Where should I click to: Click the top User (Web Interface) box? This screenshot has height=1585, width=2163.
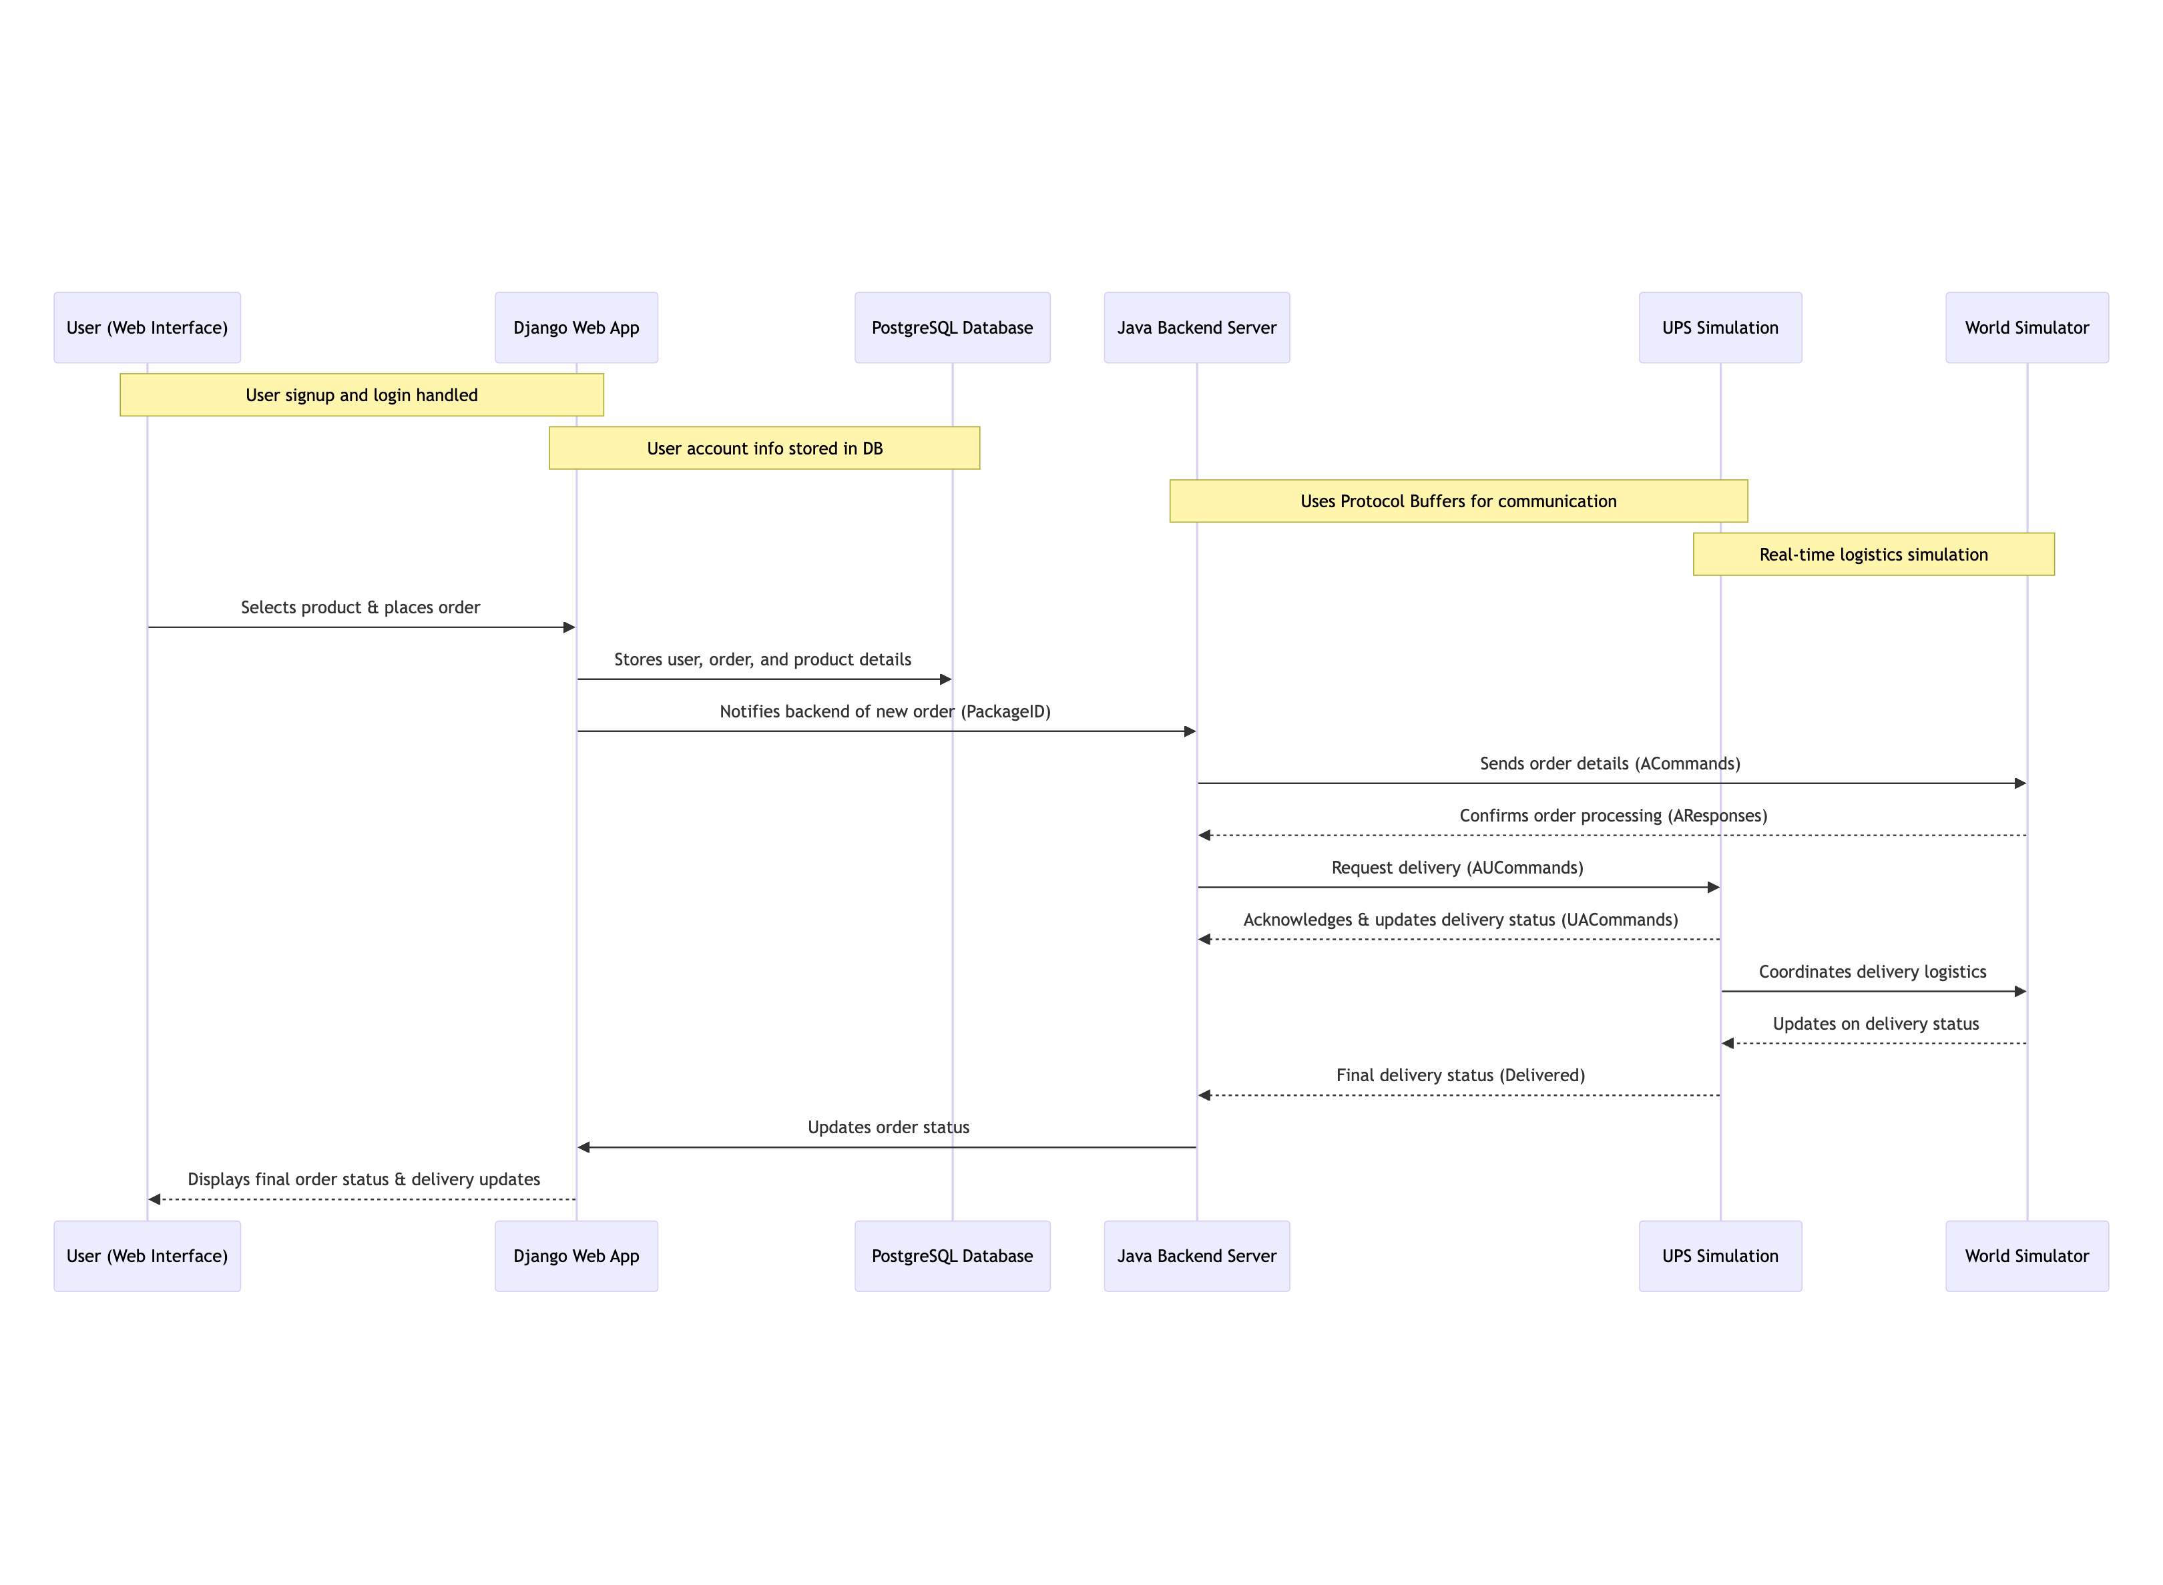(x=147, y=327)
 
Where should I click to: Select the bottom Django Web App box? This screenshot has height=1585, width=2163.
(x=575, y=1256)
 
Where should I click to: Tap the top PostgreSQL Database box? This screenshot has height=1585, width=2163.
(x=952, y=327)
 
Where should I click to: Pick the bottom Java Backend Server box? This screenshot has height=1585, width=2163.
(x=1196, y=1256)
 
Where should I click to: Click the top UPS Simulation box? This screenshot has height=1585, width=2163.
(x=1720, y=327)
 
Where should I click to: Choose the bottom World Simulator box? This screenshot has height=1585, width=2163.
(x=2027, y=1256)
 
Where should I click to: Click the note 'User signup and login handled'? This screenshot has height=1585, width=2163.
(x=362, y=394)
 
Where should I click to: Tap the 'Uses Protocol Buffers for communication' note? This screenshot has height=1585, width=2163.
(x=1459, y=501)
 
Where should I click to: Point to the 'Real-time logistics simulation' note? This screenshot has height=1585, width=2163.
(x=1873, y=555)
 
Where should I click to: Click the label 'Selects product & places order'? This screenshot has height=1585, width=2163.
(x=360, y=607)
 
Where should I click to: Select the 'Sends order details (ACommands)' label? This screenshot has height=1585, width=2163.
(x=1610, y=763)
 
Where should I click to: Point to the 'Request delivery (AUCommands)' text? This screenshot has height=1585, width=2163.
(x=1457, y=868)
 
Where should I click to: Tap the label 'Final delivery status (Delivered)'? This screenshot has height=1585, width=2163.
(x=1461, y=1076)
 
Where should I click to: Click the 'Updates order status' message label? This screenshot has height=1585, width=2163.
(x=889, y=1127)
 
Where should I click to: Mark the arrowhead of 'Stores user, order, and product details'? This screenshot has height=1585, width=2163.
(x=945, y=679)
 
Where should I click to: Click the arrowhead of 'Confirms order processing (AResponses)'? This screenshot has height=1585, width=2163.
(x=1204, y=836)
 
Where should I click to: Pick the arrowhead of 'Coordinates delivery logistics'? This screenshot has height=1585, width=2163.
(x=2020, y=991)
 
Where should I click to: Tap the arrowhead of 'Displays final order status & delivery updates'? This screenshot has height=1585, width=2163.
(x=154, y=1199)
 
